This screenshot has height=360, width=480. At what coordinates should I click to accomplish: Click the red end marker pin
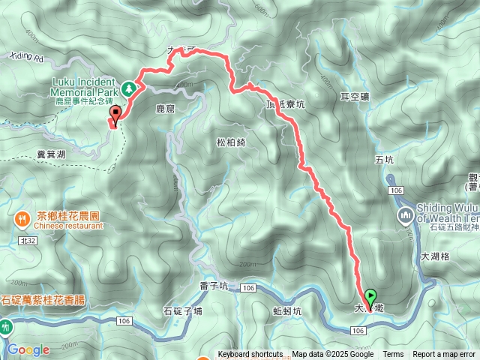click(115, 115)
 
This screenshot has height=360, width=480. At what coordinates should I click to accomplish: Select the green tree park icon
click(128, 88)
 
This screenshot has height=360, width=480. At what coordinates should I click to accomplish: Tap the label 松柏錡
click(231, 142)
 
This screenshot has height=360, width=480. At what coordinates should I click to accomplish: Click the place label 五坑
click(383, 160)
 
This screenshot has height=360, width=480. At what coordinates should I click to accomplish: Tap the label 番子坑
click(215, 286)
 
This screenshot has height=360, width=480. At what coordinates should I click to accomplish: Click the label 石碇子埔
click(182, 310)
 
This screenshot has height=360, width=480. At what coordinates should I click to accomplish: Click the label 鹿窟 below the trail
click(164, 109)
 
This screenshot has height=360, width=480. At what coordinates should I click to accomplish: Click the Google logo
click(28, 349)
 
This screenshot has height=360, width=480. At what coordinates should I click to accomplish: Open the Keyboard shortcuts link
click(250, 355)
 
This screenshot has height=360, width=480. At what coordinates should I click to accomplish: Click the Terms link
click(392, 355)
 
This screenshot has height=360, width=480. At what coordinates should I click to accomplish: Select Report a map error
click(445, 355)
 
